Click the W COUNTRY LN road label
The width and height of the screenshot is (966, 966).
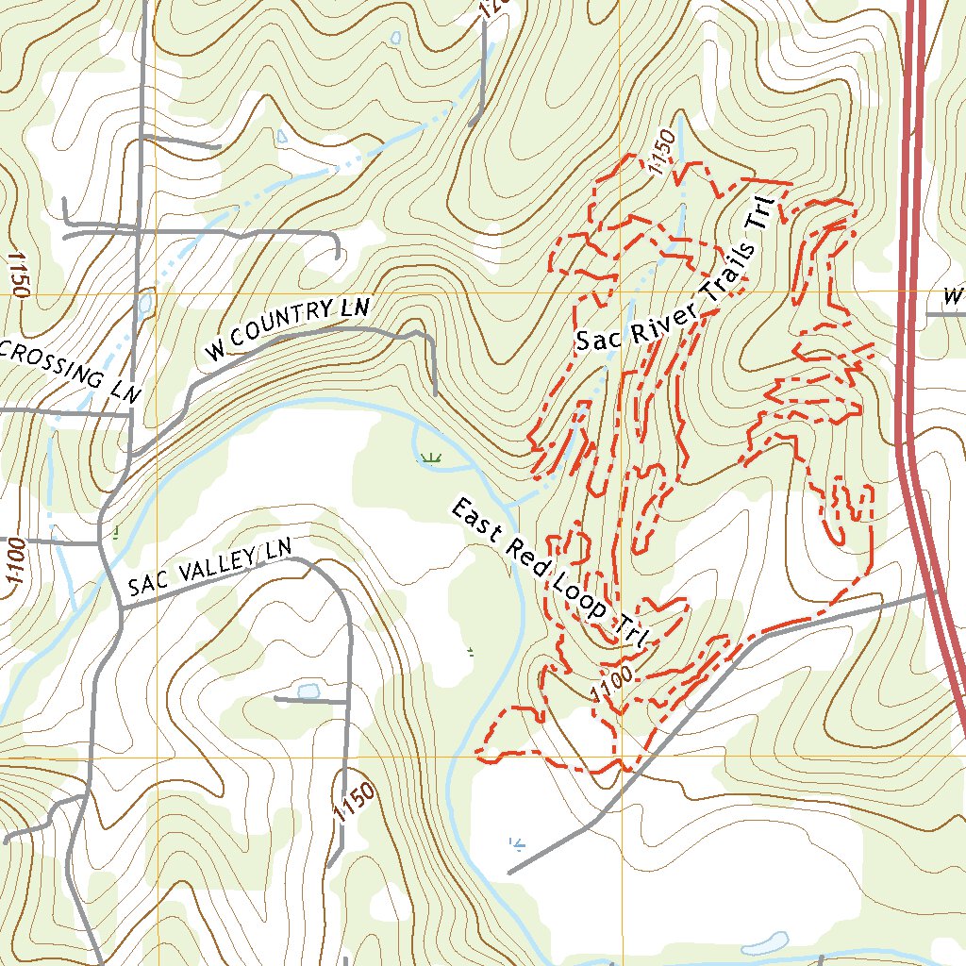(x=288, y=329)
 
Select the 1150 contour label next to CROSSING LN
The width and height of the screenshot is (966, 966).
(x=17, y=275)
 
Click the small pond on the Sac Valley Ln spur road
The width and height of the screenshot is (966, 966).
(x=308, y=690)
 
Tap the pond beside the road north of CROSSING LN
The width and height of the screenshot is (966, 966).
(x=143, y=304)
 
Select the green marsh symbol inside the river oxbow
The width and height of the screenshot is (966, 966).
(x=431, y=458)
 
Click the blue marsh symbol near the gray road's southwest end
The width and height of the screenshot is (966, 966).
(x=515, y=842)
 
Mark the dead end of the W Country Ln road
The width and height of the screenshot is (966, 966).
(x=435, y=393)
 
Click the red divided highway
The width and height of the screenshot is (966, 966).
(x=913, y=283)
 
